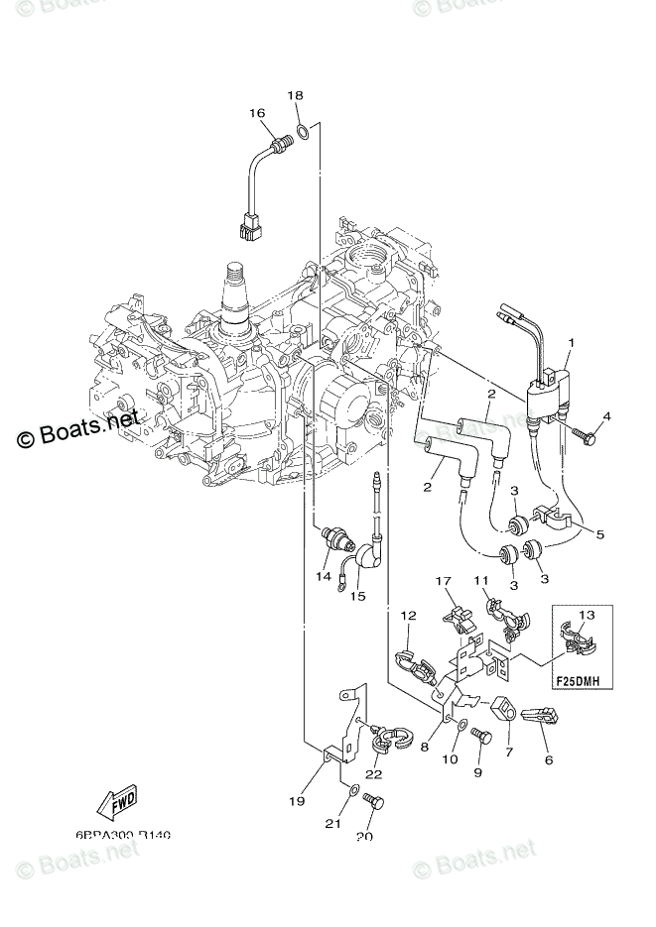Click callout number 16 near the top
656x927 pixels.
(x=257, y=114)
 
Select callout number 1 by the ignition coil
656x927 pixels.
(x=571, y=344)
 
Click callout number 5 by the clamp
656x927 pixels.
(x=599, y=534)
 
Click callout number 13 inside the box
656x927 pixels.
(x=587, y=616)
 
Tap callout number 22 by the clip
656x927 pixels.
(x=373, y=774)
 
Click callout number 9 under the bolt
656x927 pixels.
(x=476, y=772)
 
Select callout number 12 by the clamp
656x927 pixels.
(x=407, y=616)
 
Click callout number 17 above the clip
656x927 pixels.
(x=442, y=580)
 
